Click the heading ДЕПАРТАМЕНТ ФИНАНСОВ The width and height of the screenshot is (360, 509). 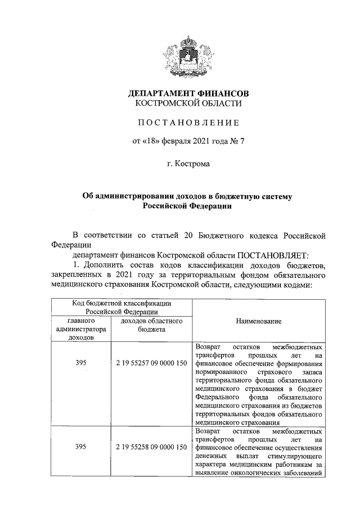(188, 93)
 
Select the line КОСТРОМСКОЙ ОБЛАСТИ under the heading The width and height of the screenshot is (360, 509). (188, 103)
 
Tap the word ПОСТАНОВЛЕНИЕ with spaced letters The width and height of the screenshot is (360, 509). (188, 123)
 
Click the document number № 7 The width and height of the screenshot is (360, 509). (237, 142)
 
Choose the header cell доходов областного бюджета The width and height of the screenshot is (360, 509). (151, 325)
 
